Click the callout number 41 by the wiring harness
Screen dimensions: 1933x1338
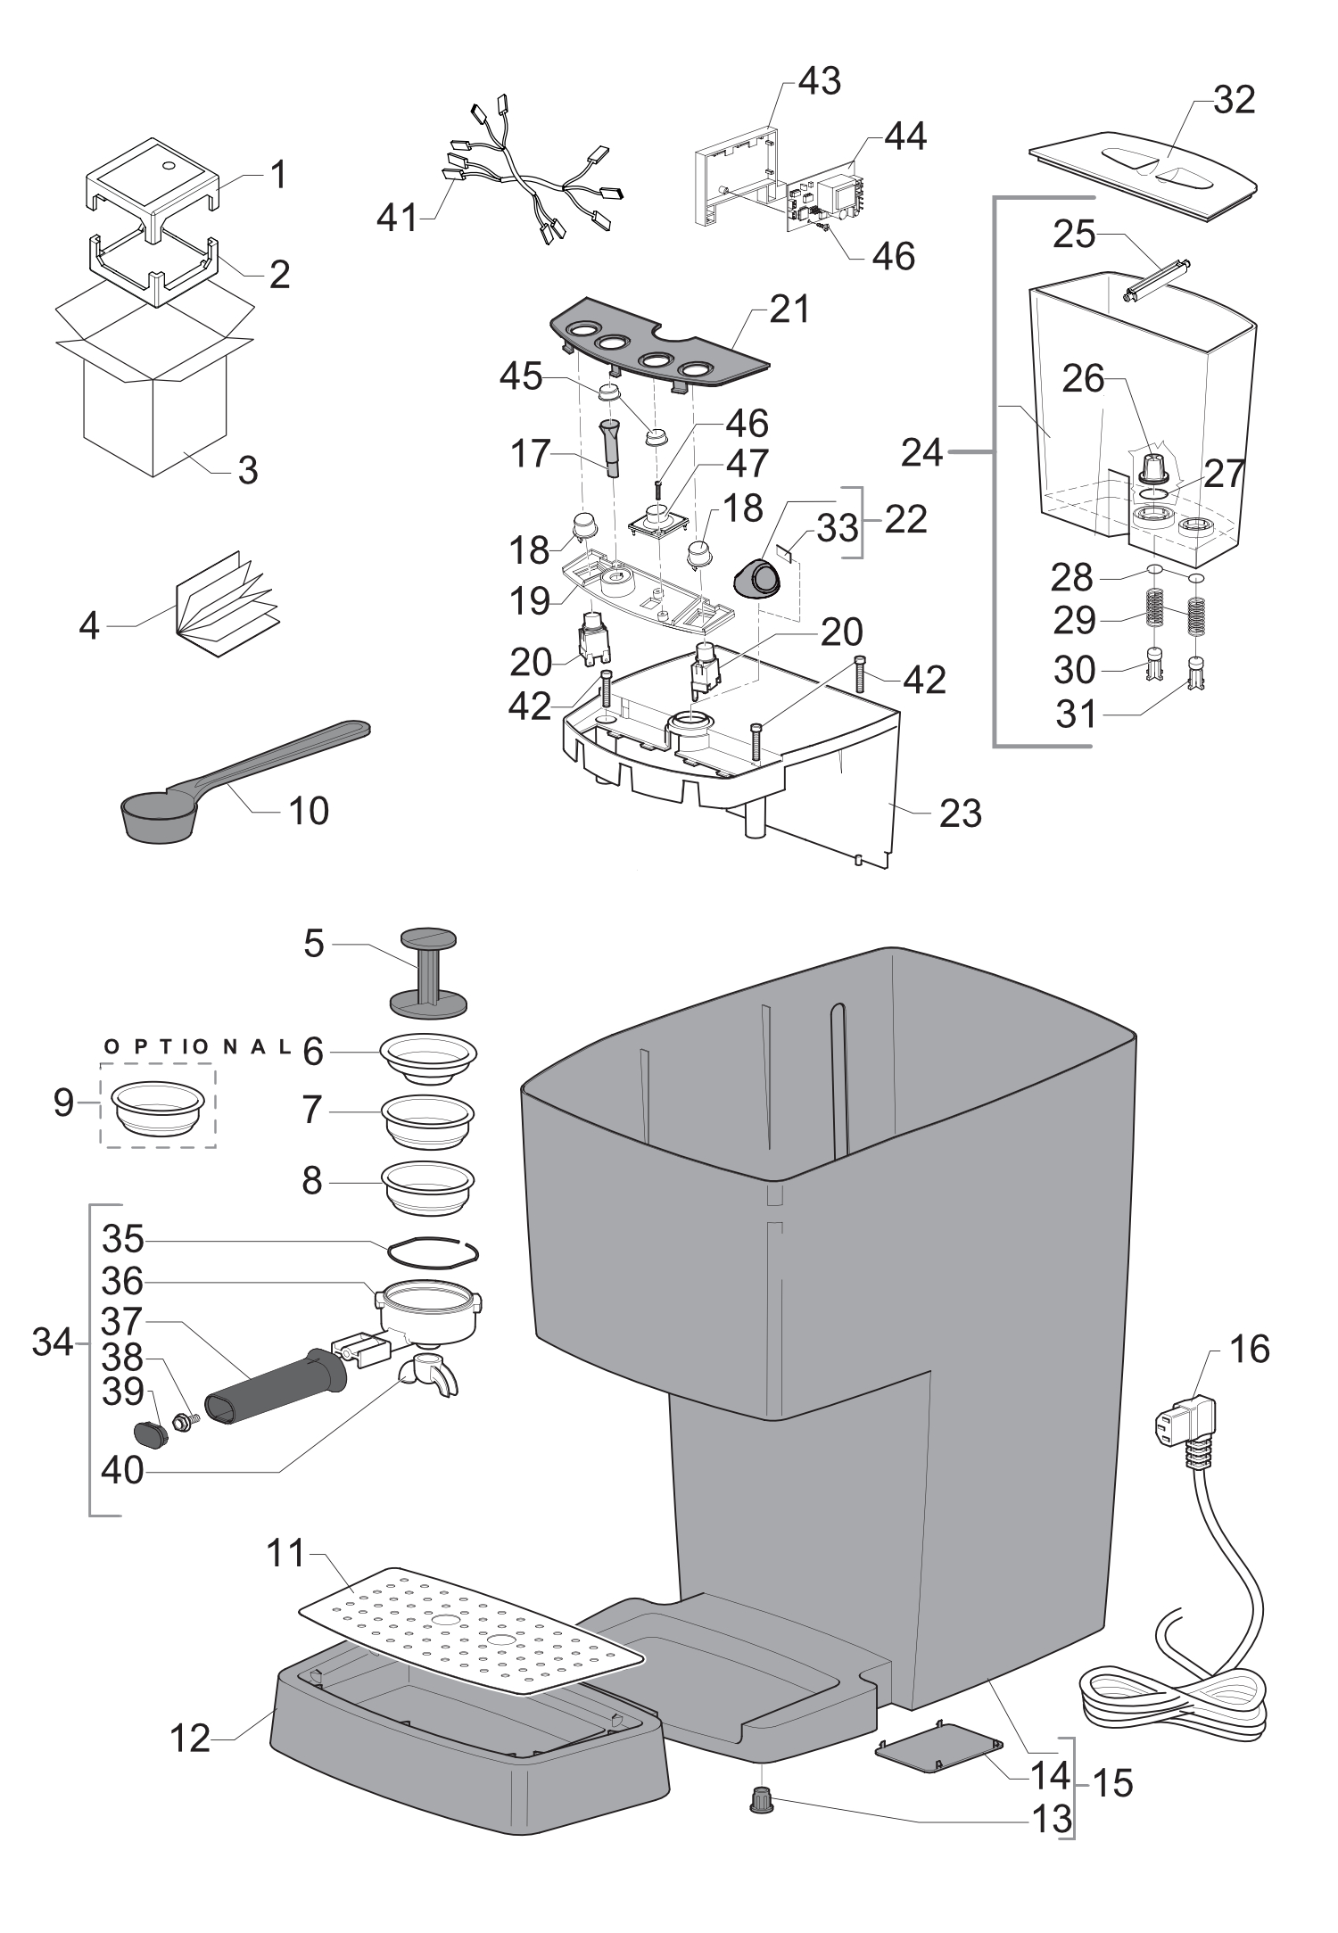pyautogui.click(x=397, y=217)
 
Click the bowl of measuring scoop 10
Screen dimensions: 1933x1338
pyautogui.click(x=158, y=816)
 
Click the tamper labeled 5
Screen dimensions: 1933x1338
pyautogui.click(x=429, y=972)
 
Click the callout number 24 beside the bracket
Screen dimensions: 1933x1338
pyautogui.click(x=922, y=453)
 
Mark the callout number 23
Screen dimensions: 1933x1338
pyautogui.click(x=960, y=813)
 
